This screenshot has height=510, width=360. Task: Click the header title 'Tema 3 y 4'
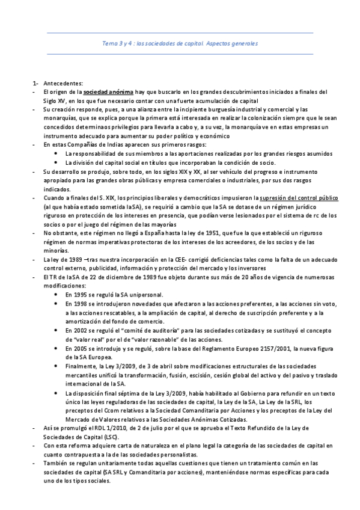point(117,43)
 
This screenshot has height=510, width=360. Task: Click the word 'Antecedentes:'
point(64,82)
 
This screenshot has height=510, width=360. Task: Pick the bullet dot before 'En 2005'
point(56,348)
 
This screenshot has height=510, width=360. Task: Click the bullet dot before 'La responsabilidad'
point(56,153)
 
